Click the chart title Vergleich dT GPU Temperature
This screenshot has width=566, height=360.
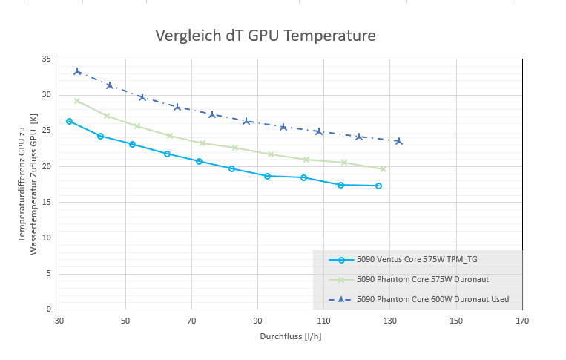[x=265, y=36]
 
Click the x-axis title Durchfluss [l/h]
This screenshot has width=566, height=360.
[x=290, y=336]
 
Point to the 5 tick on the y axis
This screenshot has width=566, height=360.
[x=48, y=273]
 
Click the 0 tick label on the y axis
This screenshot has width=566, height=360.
[x=48, y=309]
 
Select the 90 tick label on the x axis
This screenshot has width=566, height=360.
[x=257, y=321]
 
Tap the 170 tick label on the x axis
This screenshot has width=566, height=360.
[x=522, y=321]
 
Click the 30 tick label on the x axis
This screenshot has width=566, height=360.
[x=59, y=321]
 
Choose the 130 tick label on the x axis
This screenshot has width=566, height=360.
[x=390, y=321]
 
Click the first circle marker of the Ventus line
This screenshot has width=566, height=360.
[x=69, y=121]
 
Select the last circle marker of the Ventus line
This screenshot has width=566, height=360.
[x=378, y=186]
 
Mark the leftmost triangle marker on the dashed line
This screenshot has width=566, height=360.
[x=77, y=72]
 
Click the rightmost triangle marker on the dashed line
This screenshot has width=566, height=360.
[x=399, y=141]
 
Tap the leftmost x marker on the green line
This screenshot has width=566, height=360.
[x=77, y=101]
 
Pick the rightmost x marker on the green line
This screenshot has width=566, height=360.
[x=384, y=169]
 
